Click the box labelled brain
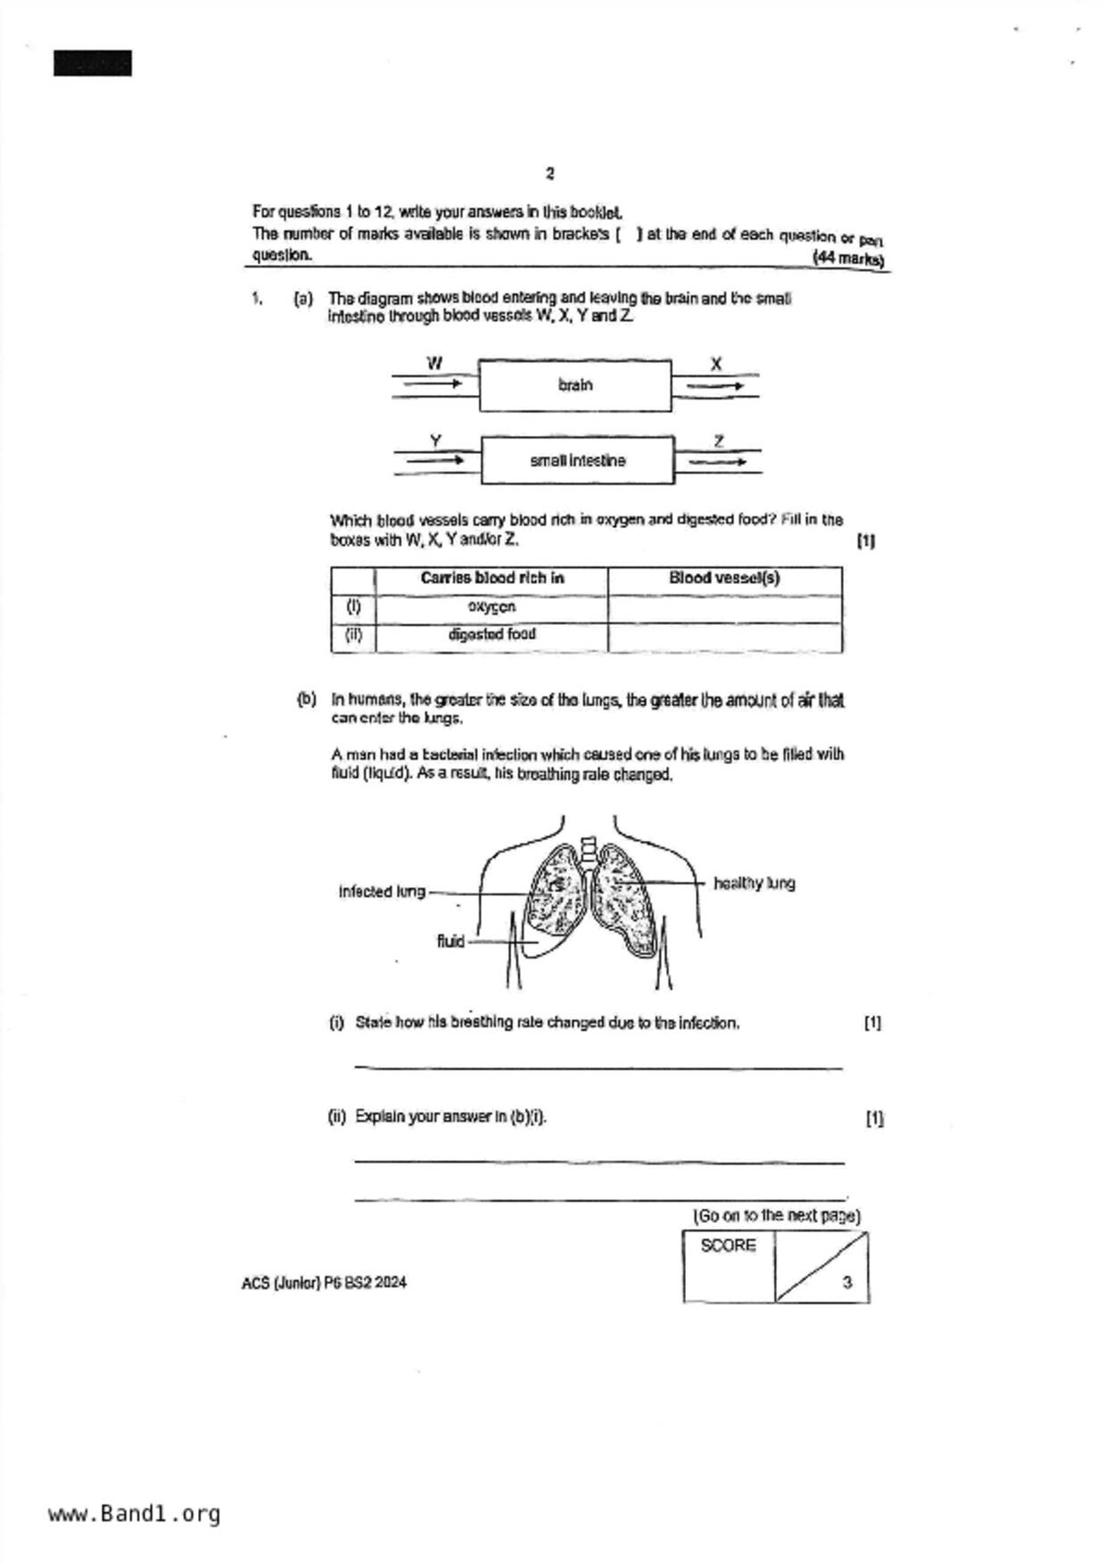coord(575,385)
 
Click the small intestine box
coord(578,460)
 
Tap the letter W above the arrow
coord(434,363)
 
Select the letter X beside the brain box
coord(715,364)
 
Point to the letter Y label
coord(435,440)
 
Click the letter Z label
coord(718,440)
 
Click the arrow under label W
coord(433,384)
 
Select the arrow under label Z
coord(718,462)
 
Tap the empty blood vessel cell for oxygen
coord(724,608)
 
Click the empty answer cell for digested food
coord(724,637)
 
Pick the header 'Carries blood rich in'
coord(492,578)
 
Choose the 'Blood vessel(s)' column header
coord(724,578)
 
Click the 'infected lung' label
coord(382,892)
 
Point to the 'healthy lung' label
coord(754,884)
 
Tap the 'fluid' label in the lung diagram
coord(450,941)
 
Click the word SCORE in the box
coord(728,1246)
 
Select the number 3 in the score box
coord(846,1282)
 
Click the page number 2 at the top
coord(550,173)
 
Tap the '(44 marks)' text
coord(848,259)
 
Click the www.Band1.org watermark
coord(134,1514)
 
